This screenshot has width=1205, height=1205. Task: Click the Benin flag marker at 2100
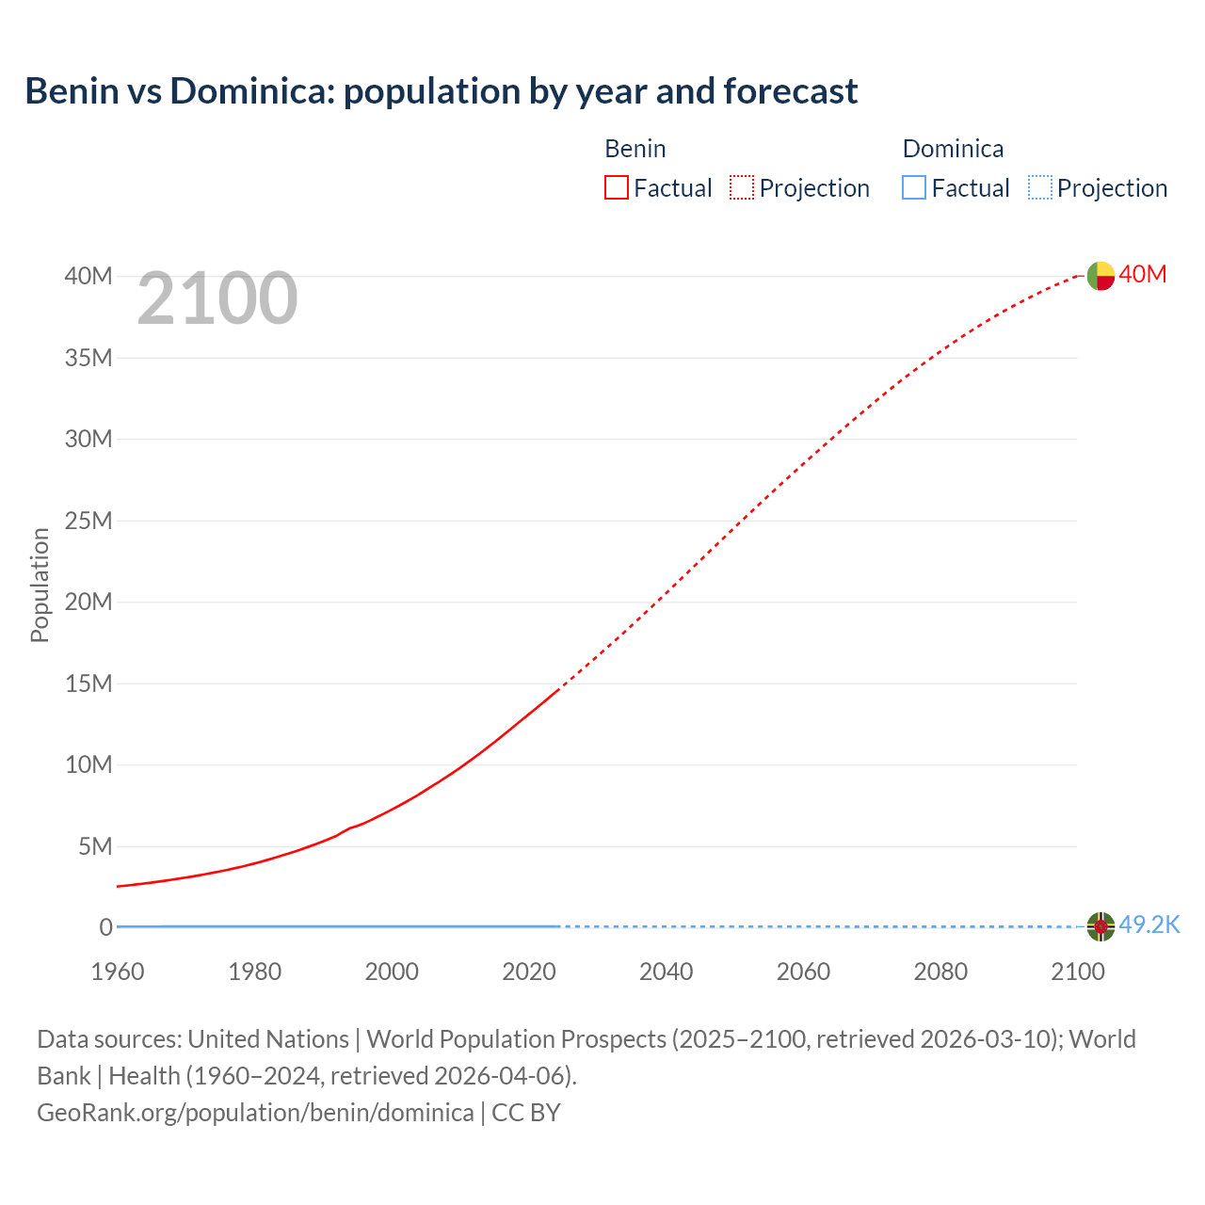click(1101, 276)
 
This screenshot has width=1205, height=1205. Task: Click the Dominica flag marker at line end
click(1101, 926)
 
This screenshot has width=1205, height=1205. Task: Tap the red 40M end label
click(1143, 274)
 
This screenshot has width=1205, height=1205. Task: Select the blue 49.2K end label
click(1149, 925)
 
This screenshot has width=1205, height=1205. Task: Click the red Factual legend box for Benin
click(616, 187)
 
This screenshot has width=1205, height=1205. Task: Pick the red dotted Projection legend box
click(742, 187)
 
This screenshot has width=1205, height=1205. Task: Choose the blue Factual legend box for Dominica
click(913, 187)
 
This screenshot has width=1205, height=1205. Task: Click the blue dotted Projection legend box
click(1039, 187)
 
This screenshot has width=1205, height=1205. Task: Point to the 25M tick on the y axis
click(88, 521)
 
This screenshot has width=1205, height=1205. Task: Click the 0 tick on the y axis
click(105, 927)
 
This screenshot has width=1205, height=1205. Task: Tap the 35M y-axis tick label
click(88, 358)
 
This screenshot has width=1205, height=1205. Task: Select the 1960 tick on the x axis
click(118, 972)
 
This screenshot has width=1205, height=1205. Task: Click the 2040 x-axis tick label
click(666, 972)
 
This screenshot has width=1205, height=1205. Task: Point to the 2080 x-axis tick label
click(940, 972)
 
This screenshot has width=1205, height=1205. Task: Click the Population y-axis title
click(40, 585)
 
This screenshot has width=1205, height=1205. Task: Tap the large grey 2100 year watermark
click(217, 298)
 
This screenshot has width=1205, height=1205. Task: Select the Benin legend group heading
click(635, 149)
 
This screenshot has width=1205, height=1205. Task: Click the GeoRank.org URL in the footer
click(255, 1112)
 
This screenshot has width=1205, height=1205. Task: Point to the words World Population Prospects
click(517, 1039)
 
